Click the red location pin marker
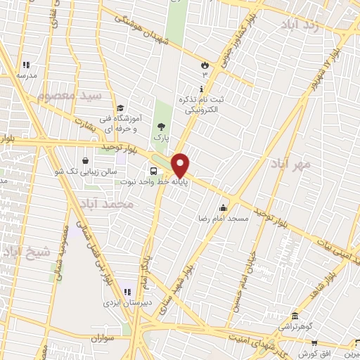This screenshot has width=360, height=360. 180,165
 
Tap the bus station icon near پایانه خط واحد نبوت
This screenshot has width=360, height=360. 153,172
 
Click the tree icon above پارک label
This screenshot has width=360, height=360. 163,126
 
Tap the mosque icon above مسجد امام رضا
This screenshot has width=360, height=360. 224,207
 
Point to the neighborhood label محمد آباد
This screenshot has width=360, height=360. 106,204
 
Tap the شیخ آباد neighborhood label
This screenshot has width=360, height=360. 26,251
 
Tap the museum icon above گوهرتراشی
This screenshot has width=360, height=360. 295,316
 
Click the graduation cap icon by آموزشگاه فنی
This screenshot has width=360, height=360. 120,108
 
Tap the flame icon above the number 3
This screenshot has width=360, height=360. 205,65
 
